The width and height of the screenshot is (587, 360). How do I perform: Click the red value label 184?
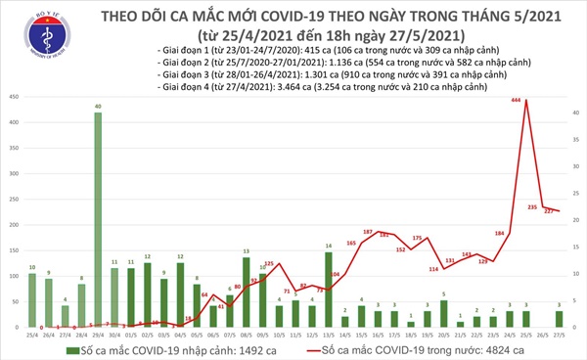click(499, 233)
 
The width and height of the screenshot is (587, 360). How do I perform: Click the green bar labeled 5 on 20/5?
click(442, 314)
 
